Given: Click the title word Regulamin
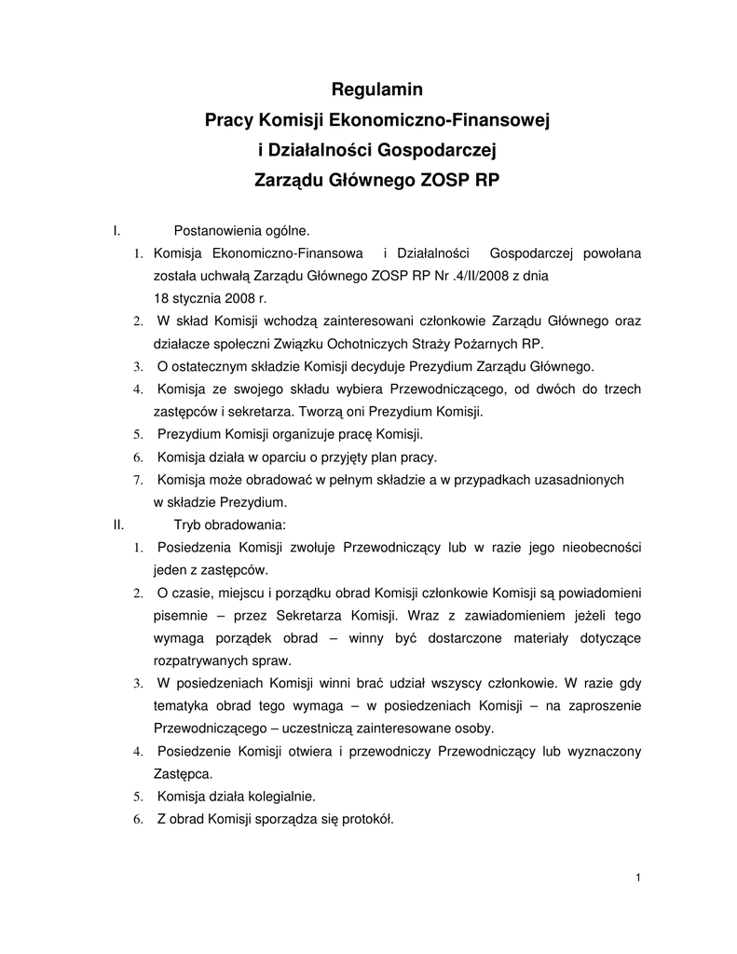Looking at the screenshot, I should coord(377,90).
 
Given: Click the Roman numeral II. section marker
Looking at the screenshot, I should coord(118,525).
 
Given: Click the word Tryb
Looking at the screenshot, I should coord(188,525).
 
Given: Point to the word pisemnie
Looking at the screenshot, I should coord(183,615).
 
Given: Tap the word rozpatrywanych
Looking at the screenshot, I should coord(202,661).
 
